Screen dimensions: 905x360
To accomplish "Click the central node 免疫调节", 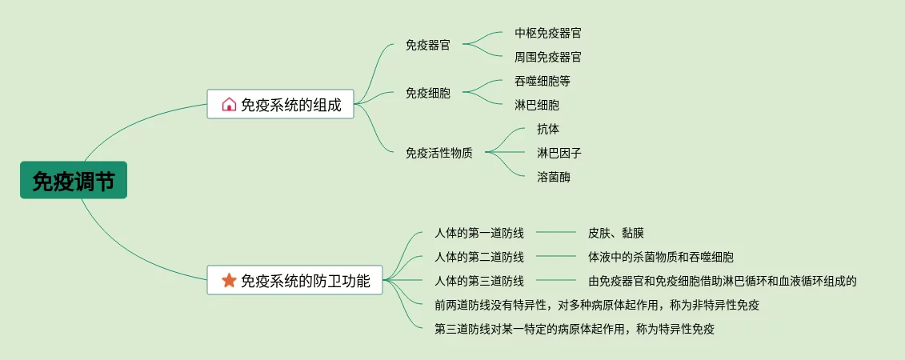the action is point(74,181).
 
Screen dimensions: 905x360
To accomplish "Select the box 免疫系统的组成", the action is point(280,104).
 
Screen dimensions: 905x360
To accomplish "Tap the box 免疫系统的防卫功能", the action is point(294,280).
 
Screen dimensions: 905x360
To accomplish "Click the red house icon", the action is point(229,104).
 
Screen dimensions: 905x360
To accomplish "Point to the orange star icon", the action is point(229,280).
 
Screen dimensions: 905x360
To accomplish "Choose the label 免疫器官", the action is point(428,45).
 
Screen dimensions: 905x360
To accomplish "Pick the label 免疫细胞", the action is point(428,93).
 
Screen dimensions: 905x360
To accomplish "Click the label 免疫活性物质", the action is point(439,153).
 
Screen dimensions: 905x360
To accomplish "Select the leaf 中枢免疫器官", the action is point(548,33).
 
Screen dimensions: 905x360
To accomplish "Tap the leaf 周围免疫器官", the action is point(548,57).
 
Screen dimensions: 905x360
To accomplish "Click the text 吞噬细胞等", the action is point(543,81).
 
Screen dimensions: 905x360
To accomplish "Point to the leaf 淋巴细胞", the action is point(537,105).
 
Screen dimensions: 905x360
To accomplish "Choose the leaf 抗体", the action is point(548,129).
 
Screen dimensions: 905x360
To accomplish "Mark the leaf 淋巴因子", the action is point(554,153).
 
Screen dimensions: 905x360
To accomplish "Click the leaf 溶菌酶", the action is point(554,177).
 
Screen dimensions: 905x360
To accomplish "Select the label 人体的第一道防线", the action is point(479,233).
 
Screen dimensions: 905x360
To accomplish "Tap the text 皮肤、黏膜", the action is point(616,233).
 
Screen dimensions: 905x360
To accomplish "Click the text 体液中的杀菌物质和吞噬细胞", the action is point(661,257).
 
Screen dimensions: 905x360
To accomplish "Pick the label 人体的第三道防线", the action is point(479,281).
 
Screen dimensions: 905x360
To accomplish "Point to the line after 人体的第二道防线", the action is point(556,257).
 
